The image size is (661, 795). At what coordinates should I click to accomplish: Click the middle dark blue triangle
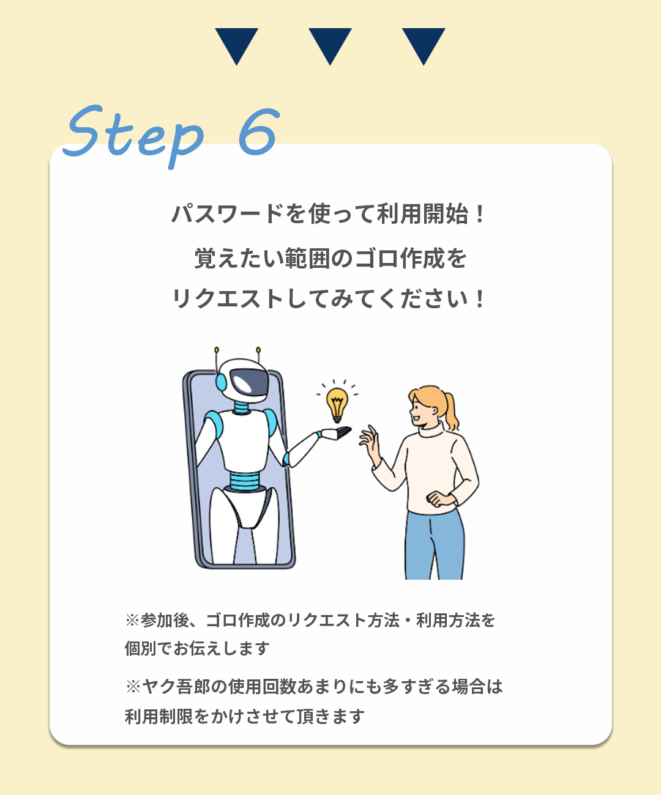[330, 44]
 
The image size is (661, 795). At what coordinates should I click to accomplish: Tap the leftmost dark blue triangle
[237, 44]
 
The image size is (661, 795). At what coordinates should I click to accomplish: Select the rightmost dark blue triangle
[424, 44]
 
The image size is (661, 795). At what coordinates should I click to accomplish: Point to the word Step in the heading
[133, 135]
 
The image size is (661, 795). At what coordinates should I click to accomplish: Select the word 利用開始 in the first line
[422, 213]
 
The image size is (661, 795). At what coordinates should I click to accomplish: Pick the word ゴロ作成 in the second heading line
[400, 258]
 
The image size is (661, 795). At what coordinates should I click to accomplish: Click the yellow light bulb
[337, 404]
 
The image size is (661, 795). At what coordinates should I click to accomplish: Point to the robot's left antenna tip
[217, 350]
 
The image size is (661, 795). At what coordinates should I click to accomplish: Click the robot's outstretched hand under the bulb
[335, 434]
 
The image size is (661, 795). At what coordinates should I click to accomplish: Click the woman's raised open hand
[370, 442]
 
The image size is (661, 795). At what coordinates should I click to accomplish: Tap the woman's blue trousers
[435, 544]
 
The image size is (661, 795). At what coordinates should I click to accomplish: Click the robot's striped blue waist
[245, 481]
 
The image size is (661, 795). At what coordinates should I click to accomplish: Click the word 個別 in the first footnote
[141, 648]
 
